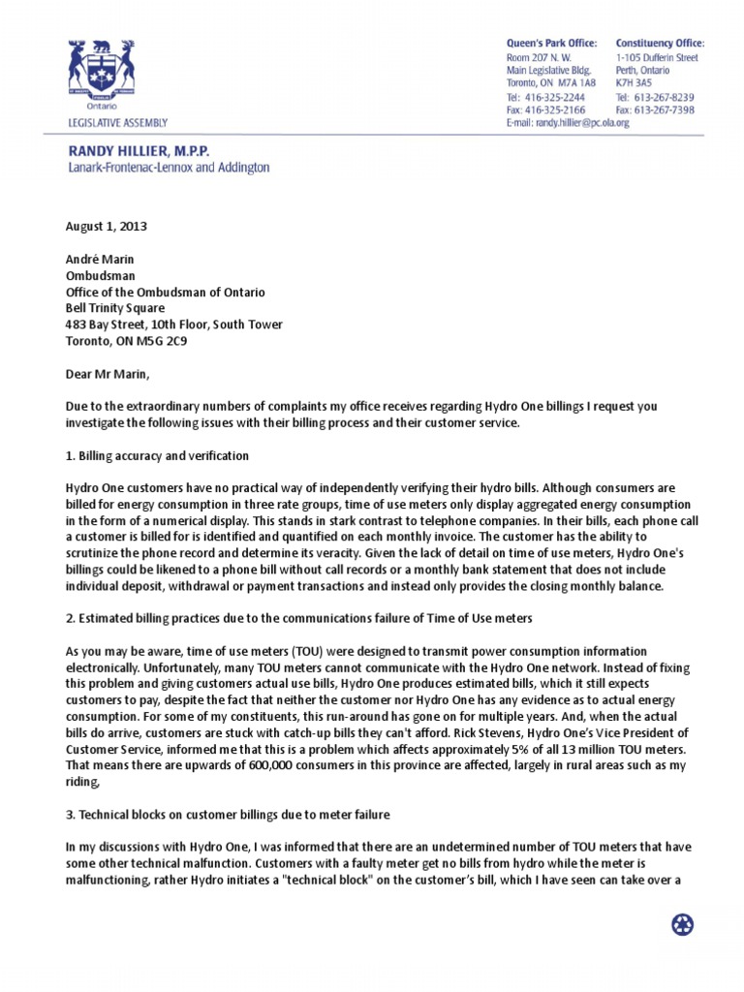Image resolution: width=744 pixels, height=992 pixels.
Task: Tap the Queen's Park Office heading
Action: [551, 44]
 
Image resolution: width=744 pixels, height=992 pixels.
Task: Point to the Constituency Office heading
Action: [660, 44]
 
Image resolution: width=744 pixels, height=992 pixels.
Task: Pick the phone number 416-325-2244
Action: [555, 98]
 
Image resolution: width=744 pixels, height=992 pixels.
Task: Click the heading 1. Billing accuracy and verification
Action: [157, 455]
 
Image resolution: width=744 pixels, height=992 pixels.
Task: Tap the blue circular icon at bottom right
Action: [683, 924]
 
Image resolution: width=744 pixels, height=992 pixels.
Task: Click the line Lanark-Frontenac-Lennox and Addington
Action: [168, 168]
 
